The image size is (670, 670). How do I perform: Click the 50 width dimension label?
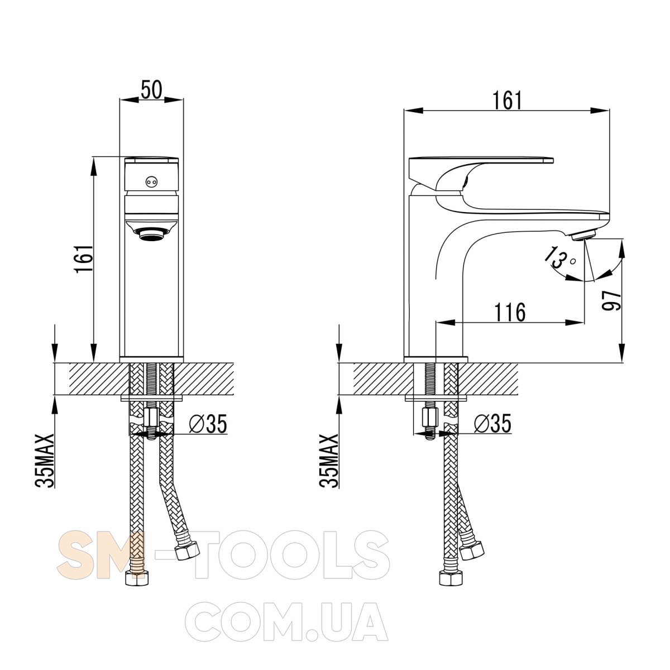152,89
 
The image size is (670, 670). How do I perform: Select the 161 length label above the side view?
508,101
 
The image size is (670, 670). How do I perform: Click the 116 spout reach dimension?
510,312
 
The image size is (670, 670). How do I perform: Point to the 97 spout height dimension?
611,301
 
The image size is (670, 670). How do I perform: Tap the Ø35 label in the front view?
208,424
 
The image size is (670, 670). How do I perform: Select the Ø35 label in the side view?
492,424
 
